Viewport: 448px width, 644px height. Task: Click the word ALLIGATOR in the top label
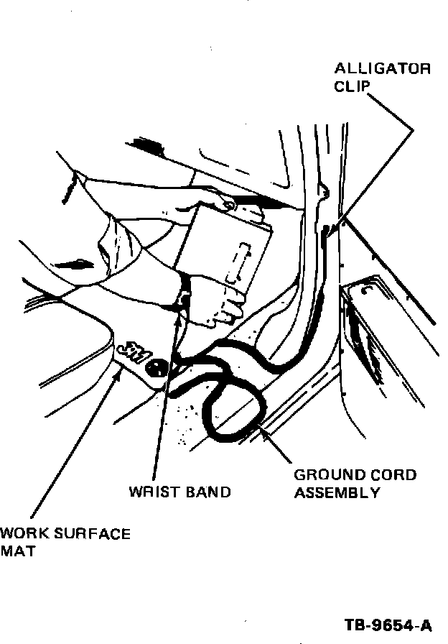coord(383,70)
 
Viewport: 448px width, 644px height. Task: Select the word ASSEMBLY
coord(337,493)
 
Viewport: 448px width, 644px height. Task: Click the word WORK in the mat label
coord(22,534)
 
